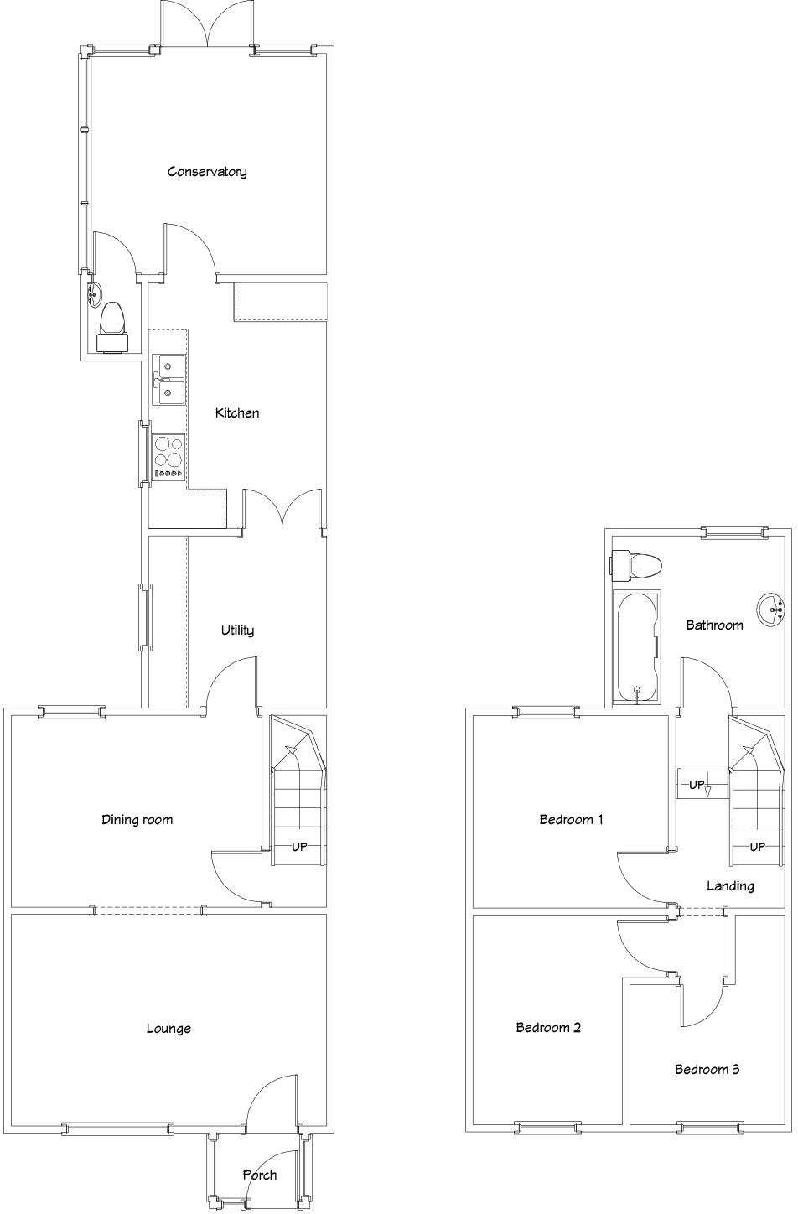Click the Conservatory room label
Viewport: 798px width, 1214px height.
(207, 172)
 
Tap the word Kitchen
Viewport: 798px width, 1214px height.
(237, 413)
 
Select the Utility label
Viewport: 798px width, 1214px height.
(237, 630)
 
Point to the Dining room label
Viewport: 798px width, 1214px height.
(137, 820)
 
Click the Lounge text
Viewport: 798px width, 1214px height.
(168, 1029)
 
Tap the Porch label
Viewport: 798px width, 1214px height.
(260, 1175)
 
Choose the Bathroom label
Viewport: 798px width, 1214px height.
(714, 625)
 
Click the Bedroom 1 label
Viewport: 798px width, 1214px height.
(571, 820)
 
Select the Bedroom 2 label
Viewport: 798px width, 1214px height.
(548, 1028)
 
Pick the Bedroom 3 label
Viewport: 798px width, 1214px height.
(707, 1070)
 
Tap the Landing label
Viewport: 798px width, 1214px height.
(730, 886)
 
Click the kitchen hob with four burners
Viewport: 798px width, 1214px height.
(168, 457)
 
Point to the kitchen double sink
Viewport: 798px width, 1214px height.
(168, 380)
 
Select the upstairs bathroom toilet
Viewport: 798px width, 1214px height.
(638, 564)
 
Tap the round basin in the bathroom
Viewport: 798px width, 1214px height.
(769, 610)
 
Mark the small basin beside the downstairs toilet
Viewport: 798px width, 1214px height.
(94, 294)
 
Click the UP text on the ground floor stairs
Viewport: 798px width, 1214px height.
(299, 848)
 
